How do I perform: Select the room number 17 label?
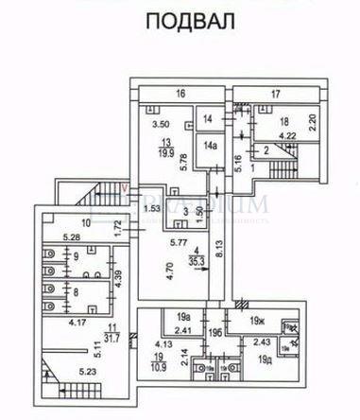click(277, 93)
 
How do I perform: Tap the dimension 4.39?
click(120, 279)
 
